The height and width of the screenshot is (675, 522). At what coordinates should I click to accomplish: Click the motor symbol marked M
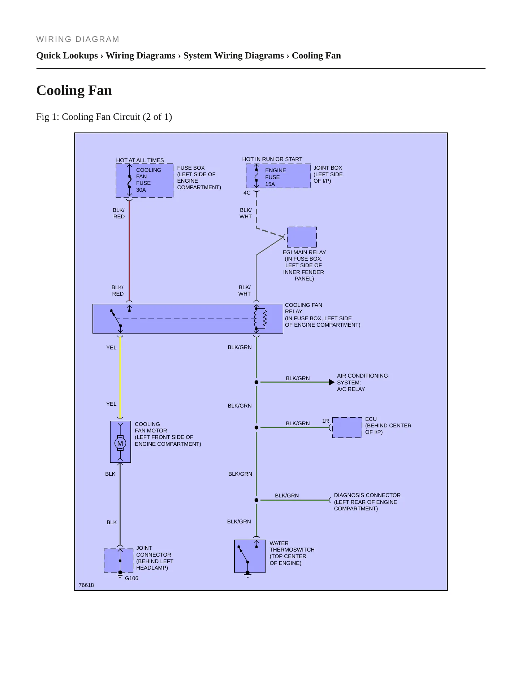(120, 443)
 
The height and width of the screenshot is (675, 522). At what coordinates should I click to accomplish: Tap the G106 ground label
(131, 578)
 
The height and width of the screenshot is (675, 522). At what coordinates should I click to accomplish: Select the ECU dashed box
(347, 427)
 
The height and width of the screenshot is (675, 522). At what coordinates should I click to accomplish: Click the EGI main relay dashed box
(302, 237)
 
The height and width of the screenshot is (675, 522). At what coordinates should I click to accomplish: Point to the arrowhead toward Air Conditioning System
(332, 382)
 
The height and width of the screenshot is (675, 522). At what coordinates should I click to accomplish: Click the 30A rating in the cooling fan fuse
(141, 190)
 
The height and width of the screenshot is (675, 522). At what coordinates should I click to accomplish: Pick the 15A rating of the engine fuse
(270, 184)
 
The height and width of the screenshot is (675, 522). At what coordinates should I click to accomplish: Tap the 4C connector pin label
(247, 193)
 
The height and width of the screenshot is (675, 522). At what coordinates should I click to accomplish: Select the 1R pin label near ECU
(325, 421)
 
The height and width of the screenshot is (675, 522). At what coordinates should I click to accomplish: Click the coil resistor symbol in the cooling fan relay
(265, 318)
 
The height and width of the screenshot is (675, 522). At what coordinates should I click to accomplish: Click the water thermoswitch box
(250, 556)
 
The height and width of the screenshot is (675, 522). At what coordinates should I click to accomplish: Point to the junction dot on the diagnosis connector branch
(256, 500)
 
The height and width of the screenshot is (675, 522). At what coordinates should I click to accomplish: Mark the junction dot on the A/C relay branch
(256, 382)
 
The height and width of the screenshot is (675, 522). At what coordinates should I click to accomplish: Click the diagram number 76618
(86, 585)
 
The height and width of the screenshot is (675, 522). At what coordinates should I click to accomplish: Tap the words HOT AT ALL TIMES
(140, 160)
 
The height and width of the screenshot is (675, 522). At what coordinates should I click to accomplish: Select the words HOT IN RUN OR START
(272, 159)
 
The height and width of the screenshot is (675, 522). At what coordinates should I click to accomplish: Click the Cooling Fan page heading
(74, 90)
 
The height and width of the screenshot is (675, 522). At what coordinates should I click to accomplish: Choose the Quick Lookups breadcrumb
(67, 56)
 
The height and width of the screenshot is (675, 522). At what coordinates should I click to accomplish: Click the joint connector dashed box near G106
(119, 560)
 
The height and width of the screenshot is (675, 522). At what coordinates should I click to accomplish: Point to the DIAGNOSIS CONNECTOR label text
(367, 495)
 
